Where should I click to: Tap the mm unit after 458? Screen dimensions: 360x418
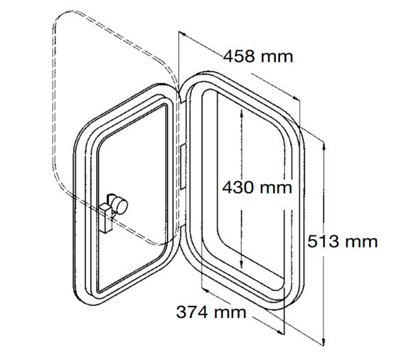tap(277, 57)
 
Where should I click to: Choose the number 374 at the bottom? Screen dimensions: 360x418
tap(192, 312)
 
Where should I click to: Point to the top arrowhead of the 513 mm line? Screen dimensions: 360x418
tap(324, 142)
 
